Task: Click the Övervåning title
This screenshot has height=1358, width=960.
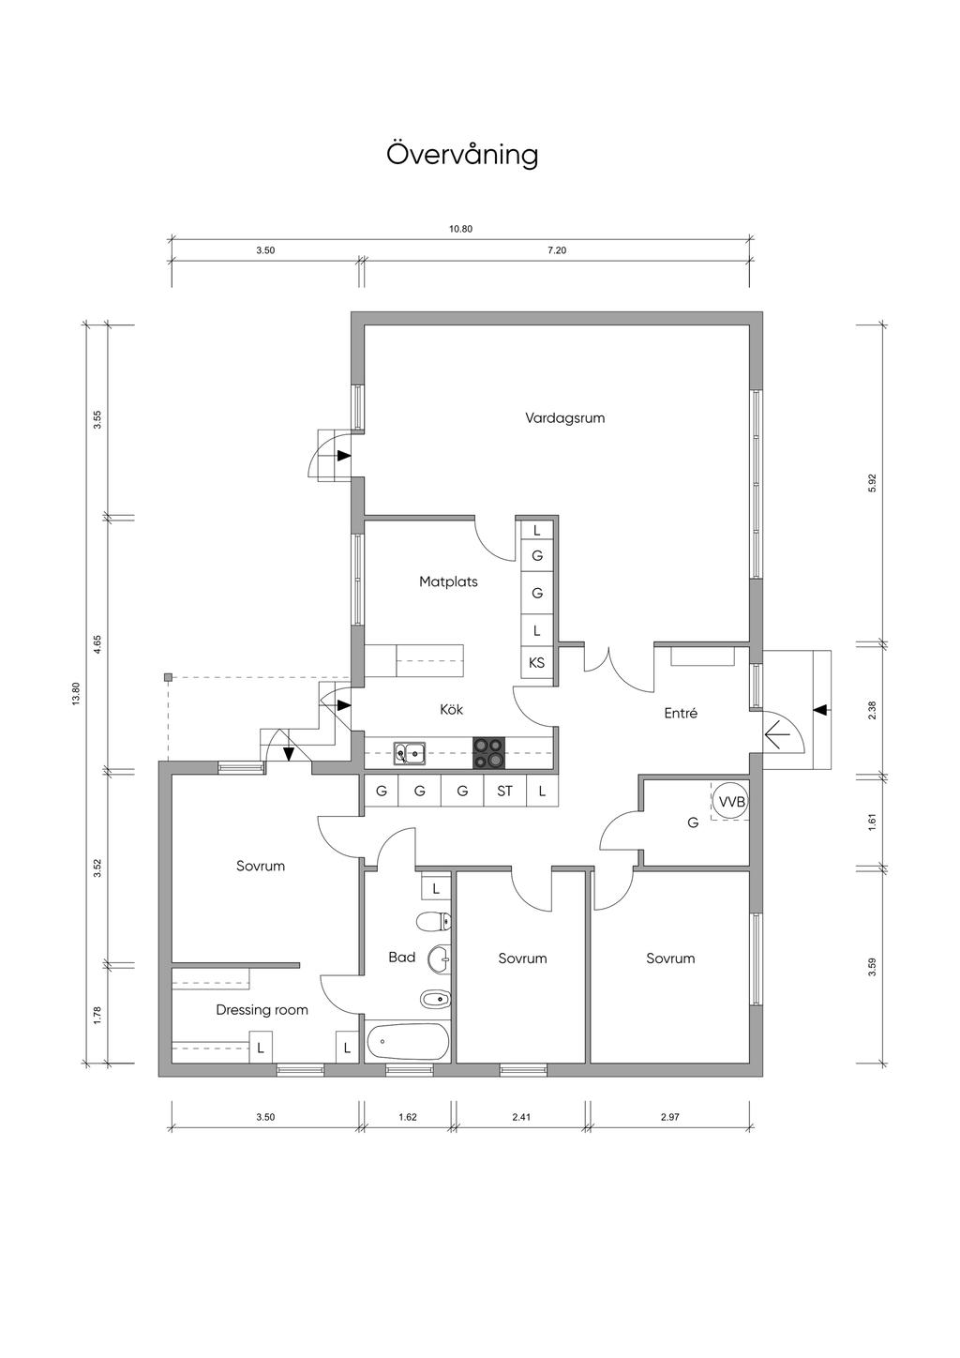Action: tap(462, 155)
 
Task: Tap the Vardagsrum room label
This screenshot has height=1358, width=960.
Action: tap(565, 418)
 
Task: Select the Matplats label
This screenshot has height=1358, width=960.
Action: tap(448, 582)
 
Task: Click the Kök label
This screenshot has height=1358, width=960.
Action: tap(452, 709)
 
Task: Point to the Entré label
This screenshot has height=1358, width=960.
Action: tap(681, 713)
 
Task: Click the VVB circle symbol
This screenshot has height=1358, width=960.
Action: tap(731, 802)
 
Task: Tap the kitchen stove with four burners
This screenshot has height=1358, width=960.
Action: tap(488, 753)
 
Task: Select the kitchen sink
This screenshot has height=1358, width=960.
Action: tap(409, 754)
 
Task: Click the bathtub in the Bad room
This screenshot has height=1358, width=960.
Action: tap(407, 1042)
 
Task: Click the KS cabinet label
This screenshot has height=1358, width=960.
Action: tap(537, 663)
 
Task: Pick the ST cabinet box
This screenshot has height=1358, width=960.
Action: tap(505, 791)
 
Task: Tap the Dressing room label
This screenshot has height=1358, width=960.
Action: tap(262, 1010)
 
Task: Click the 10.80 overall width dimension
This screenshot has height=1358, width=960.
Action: tap(460, 229)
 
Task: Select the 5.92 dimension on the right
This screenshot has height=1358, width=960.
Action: tap(872, 483)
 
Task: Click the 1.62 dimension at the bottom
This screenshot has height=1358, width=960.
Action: tap(407, 1117)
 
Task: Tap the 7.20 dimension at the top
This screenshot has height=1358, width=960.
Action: tap(556, 249)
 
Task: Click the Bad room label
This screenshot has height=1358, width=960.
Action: tap(402, 958)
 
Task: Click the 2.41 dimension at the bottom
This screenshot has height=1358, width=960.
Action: tap(520, 1117)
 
